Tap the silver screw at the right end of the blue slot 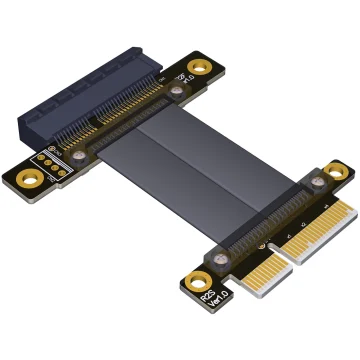(178, 93)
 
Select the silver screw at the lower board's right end (317, 181)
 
